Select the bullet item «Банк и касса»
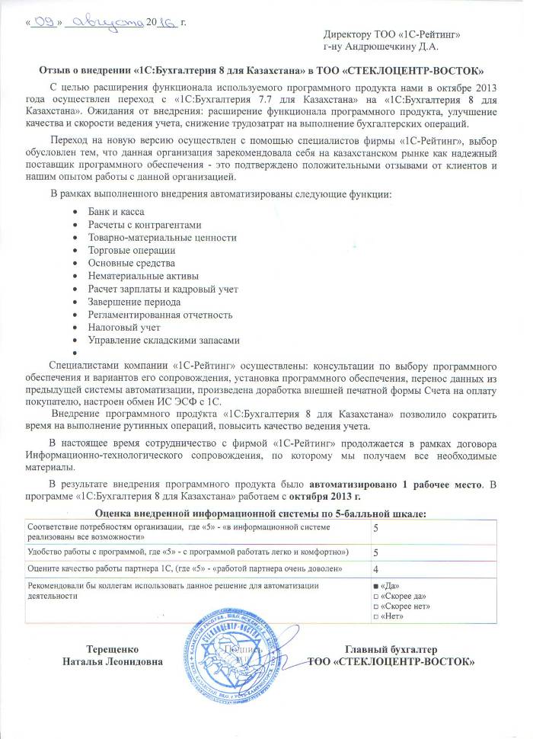(116, 211)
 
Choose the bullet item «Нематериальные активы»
(143, 276)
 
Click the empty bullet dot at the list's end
(73, 354)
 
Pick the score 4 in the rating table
(376, 568)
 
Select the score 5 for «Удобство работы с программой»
(376, 551)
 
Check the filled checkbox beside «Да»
(376, 585)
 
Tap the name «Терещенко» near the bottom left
(112, 648)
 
